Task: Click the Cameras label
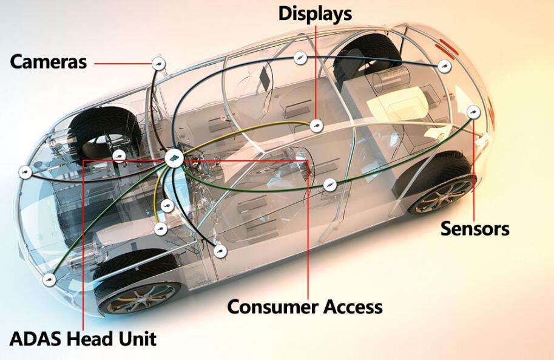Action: [49, 61]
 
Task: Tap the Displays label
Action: [315, 14]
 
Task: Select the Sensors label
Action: [475, 228]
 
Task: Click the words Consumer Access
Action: [305, 307]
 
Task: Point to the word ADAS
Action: [35, 339]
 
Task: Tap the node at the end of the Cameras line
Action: [158, 64]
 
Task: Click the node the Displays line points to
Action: [316, 125]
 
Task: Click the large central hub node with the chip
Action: [174, 159]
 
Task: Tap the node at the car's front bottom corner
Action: [49, 280]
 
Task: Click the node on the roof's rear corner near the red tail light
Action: [444, 66]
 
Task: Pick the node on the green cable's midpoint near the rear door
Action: [329, 185]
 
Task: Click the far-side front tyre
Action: [105, 132]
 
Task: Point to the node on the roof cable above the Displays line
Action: [300, 58]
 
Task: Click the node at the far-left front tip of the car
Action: [25, 172]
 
